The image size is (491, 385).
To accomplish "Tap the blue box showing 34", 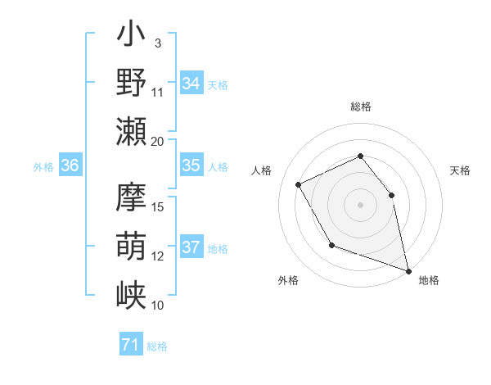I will (x=191, y=84).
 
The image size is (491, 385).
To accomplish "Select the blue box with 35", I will (x=191, y=165).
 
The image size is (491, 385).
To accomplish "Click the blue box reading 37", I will (x=191, y=247).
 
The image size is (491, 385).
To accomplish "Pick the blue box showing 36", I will (x=70, y=165).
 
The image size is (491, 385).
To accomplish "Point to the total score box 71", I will (x=131, y=345).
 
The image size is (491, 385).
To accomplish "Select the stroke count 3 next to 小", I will (x=157, y=43).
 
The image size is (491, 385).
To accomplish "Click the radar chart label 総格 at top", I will (x=360, y=106).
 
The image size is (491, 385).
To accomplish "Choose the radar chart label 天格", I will (x=460, y=170).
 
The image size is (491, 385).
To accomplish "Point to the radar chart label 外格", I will (x=288, y=280).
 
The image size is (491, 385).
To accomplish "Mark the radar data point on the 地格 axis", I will (x=410, y=269).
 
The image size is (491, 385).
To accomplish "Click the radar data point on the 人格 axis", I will (x=298, y=184).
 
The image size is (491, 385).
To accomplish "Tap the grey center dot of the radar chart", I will (x=360, y=205).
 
